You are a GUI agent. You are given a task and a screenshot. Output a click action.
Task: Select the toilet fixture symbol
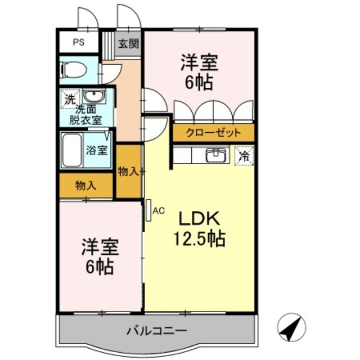coord(73,71)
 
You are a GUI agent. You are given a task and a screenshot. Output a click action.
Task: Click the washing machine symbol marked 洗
coord(68,98)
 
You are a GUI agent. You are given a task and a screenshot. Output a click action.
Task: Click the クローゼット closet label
coord(214,133)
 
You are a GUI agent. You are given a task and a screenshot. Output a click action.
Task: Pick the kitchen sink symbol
coord(216,155)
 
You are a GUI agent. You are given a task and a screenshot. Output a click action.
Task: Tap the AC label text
coord(158,211)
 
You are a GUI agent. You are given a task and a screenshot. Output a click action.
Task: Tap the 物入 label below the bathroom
coord(85,184)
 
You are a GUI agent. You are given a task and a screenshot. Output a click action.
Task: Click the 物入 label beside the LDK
coord(128,171)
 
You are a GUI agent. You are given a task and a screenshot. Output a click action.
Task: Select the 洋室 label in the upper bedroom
coord(199,62)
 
